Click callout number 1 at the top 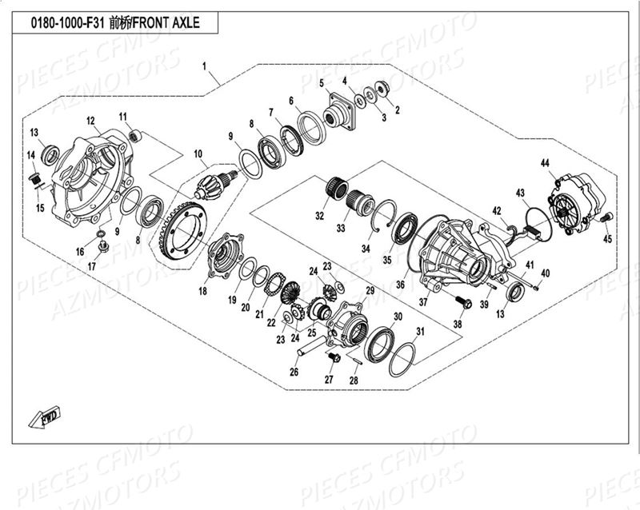pyautogui.click(x=205, y=64)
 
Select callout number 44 pyautogui.click(x=545, y=163)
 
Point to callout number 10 pyautogui.click(x=198, y=153)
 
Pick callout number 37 pyautogui.click(x=424, y=301)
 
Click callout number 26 pyautogui.click(x=294, y=372)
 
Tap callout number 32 pyautogui.click(x=320, y=215)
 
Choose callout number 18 pyautogui.click(x=202, y=292)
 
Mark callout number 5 pyautogui.click(x=321, y=83)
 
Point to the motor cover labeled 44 pyautogui.click(x=571, y=205)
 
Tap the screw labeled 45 pyautogui.click(x=605, y=217)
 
